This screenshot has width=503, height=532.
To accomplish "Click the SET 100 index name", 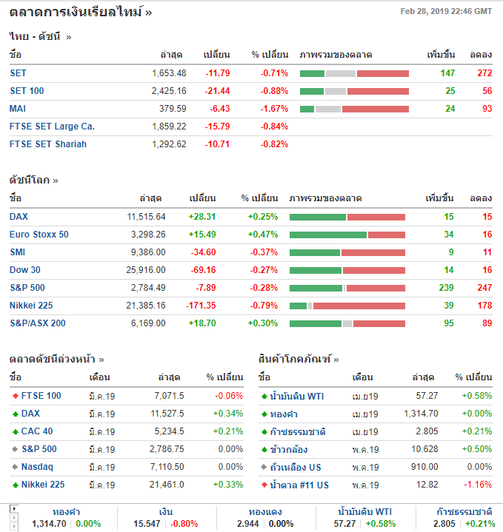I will tap(27, 91).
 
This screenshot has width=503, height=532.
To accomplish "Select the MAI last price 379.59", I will tap(172, 109).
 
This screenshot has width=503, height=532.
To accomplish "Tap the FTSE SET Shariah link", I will tap(48, 144).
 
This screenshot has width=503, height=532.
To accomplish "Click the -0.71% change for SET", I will tap(273, 73).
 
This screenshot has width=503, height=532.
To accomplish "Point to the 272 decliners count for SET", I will tap(484, 73).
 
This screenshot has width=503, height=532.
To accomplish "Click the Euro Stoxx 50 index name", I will tap(39, 235).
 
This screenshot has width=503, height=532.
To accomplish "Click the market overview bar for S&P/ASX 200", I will tap(347, 323).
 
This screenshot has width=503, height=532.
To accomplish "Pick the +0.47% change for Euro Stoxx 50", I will tap(263, 235).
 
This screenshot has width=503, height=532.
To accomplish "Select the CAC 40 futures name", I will tap(37, 431).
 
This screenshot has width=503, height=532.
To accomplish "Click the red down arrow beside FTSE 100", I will tap(16, 396).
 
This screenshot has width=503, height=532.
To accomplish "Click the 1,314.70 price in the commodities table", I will tap(421, 414).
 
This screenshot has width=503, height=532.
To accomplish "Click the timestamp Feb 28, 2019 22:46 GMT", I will tap(446, 11).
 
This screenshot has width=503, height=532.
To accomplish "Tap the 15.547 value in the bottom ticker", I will tap(146, 524).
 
